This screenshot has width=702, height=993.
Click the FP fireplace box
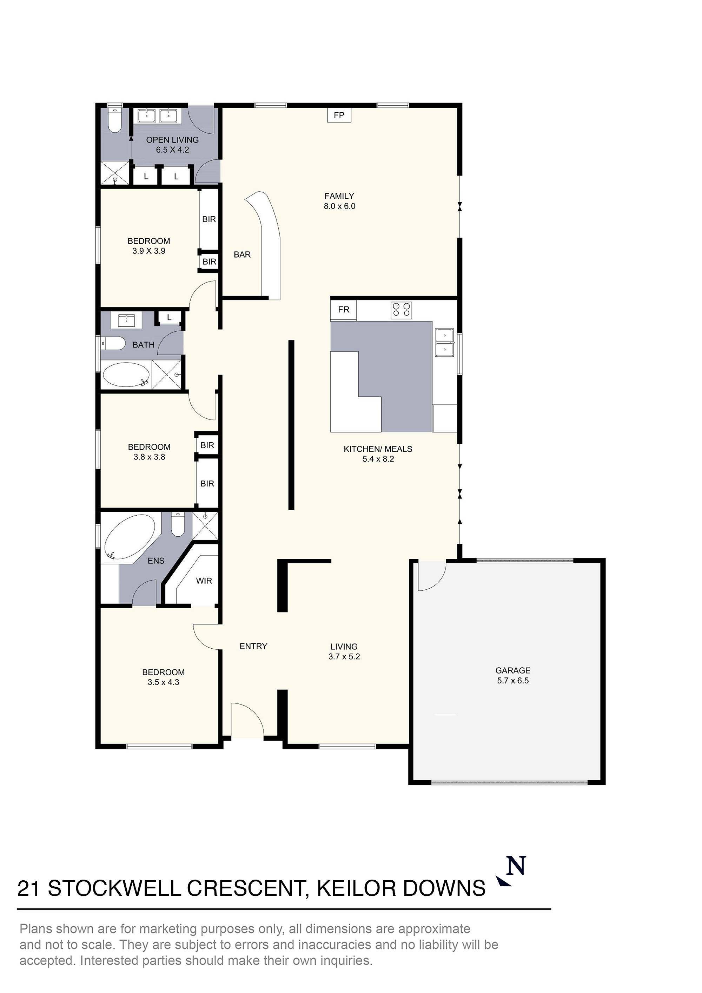339,115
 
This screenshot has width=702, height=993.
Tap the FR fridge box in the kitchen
343,310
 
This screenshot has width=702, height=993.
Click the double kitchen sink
444,343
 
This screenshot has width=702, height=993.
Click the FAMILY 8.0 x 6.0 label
339,201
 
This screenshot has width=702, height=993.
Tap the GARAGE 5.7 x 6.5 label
512,675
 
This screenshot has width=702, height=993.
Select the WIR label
204,581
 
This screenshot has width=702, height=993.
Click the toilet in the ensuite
178,525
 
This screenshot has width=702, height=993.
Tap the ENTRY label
253,646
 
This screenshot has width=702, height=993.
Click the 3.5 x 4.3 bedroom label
163,677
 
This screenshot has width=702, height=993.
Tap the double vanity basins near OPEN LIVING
157,116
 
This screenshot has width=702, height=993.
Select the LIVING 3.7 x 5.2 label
344,651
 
